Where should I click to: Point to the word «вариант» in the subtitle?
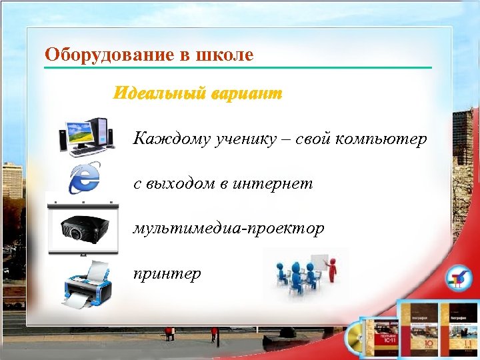pos(247,93)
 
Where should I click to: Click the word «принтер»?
pos(167,273)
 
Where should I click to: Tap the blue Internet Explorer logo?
pos(85,176)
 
